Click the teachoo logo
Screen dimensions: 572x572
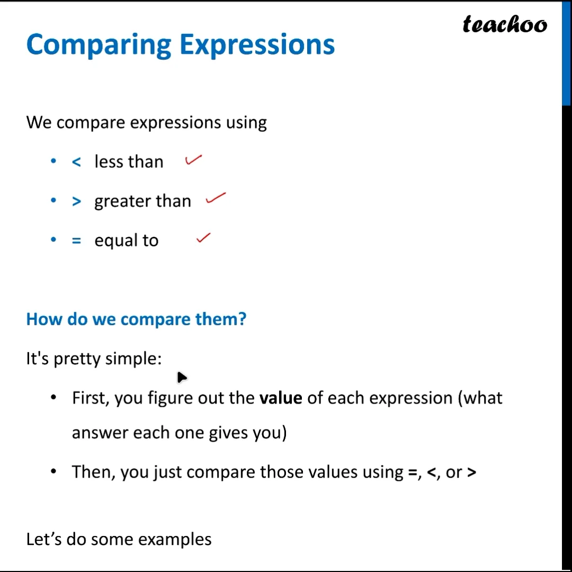coord(505,24)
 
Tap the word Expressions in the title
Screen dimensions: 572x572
coord(257,44)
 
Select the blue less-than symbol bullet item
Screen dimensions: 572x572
coord(76,162)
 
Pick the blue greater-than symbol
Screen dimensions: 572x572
coord(76,201)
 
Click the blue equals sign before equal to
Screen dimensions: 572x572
coord(76,240)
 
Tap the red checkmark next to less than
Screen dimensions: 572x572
coord(193,160)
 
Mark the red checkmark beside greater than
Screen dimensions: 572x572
coord(216,198)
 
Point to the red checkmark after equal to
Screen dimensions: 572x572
coord(203,238)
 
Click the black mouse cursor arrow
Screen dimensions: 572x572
coord(181,377)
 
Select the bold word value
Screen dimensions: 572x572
coord(281,398)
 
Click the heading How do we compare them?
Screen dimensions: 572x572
coord(137,319)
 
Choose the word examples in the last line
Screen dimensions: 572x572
coord(175,540)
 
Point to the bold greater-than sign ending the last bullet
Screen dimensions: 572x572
coord(471,472)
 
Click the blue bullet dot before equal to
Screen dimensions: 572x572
coord(53,240)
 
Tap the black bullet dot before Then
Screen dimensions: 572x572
coord(53,472)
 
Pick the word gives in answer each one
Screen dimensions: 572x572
coord(228,433)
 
